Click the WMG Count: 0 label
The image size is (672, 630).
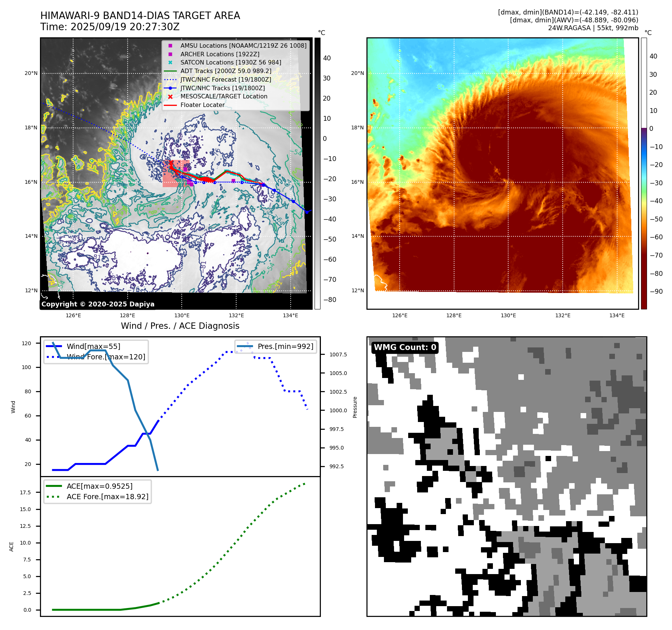405,347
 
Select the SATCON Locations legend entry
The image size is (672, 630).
231,63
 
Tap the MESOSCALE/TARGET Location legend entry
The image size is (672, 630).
224,97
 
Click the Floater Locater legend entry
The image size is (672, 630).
202,105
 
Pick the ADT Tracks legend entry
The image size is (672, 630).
226,71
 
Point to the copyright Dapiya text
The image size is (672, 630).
98,304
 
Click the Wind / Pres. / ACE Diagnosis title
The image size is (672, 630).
180,326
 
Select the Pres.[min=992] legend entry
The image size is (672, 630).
285,346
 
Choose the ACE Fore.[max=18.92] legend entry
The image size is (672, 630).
107,497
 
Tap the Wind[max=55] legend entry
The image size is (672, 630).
93,346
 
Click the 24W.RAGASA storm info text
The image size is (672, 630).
593,28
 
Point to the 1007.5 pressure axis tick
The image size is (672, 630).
338,355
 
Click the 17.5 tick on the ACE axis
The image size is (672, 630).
25,492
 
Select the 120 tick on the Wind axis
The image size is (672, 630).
26,343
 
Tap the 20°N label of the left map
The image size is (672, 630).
31,73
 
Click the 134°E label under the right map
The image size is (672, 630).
617,315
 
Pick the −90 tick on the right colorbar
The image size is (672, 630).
656,292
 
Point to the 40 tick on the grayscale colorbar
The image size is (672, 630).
327,58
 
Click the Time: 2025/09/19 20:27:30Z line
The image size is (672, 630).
110,27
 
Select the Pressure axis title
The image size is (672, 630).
355,407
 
